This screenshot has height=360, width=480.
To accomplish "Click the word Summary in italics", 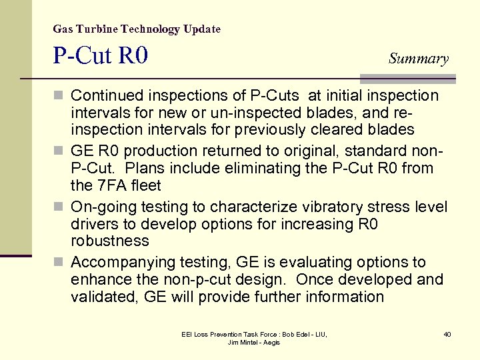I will click(419, 59).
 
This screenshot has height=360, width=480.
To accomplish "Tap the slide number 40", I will click(447, 333).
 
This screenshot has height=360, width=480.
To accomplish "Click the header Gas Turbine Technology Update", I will click(137, 29).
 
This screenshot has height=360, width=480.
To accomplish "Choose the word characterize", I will click(238, 207).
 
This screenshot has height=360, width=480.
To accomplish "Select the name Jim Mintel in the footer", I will click(241, 342).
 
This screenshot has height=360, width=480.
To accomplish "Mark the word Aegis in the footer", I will click(271, 342).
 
